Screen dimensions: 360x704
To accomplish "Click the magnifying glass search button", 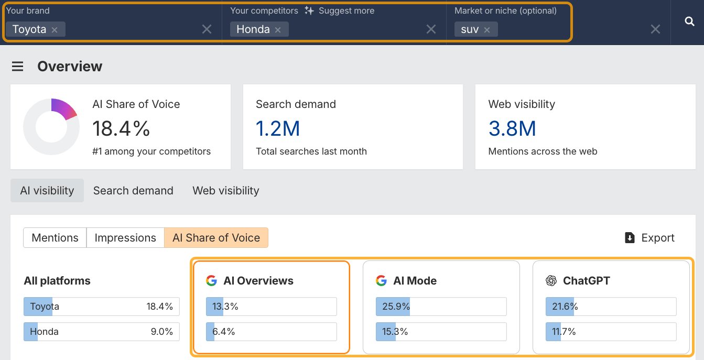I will (690, 21).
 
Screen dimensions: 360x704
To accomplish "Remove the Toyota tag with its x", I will (55, 30).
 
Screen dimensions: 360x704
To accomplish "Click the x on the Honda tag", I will (278, 30).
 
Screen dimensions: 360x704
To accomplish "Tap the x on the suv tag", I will (487, 30).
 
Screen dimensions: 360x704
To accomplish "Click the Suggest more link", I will (340, 10).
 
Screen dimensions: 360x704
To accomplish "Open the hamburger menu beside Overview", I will (18, 67).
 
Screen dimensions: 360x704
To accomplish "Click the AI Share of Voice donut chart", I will (51, 127).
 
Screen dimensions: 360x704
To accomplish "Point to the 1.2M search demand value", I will (278, 128).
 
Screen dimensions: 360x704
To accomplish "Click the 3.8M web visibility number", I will (512, 128).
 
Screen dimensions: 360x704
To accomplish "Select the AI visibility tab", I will (47, 191).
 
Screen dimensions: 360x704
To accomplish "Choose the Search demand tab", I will (133, 191).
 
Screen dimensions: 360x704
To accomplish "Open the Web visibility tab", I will (226, 191).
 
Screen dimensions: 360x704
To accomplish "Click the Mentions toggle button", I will (55, 238).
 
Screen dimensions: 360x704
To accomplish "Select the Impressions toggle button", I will (125, 238).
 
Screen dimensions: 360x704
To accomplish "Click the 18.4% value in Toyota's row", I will (160, 307).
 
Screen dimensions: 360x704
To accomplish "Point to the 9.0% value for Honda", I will (162, 332).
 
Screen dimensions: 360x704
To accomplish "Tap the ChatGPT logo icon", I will (551, 281).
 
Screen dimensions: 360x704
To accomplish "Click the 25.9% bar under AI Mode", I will (441, 307).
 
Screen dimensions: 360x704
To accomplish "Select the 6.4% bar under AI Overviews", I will (271, 332).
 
